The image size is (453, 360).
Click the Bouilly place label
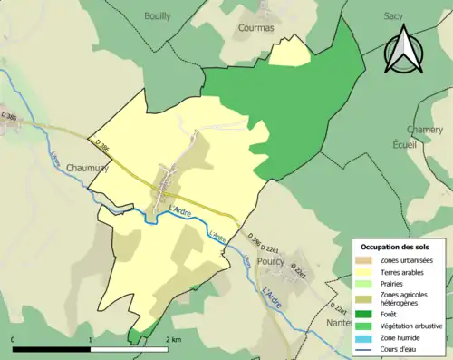coord(158,16)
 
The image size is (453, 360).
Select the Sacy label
coord(392,16)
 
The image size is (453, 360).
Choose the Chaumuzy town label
coord(88,168)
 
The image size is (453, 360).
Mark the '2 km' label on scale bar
coord(175,340)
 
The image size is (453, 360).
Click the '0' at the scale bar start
coord(14,340)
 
